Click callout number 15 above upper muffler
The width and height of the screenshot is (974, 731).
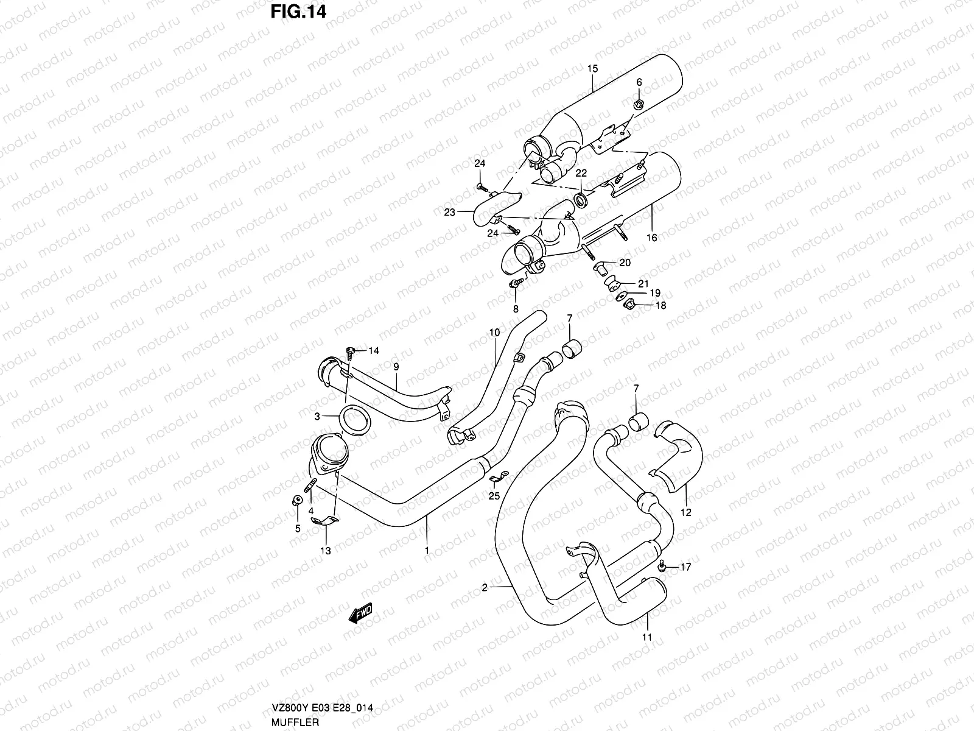pyautogui.click(x=593, y=69)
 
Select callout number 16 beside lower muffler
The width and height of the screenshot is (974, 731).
pyautogui.click(x=652, y=238)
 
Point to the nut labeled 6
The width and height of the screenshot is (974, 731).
pyautogui.click(x=639, y=105)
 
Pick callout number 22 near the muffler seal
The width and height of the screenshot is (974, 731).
pyautogui.click(x=581, y=174)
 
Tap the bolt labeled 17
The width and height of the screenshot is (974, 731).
pyautogui.click(x=662, y=567)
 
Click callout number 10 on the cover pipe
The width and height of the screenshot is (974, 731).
pyautogui.click(x=494, y=333)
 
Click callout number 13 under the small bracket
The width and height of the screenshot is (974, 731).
pyautogui.click(x=326, y=551)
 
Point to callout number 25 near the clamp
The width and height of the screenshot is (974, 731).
pyautogui.click(x=494, y=496)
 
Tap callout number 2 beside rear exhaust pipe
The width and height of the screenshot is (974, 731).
pyautogui.click(x=485, y=588)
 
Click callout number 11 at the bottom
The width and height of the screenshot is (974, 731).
pyautogui.click(x=646, y=637)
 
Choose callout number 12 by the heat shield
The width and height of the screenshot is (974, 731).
pyautogui.click(x=686, y=512)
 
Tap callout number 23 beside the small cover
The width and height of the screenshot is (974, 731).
pyautogui.click(x=449, y=213)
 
